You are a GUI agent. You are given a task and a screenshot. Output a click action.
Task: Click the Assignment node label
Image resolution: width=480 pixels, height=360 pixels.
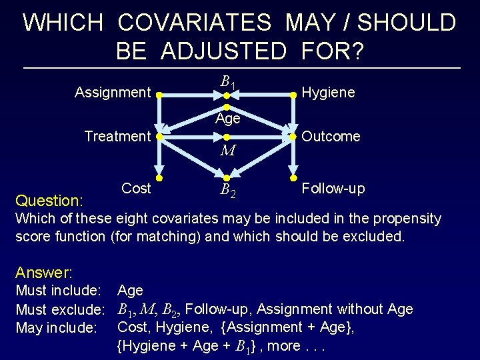113,92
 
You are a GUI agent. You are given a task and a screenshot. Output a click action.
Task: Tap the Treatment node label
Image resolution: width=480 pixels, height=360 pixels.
117,137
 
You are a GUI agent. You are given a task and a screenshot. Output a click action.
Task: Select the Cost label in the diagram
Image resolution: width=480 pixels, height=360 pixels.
136,189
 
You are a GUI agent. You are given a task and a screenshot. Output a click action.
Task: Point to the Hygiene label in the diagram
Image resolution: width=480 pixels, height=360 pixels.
329,93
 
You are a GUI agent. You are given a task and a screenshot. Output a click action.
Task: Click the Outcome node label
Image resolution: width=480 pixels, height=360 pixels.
331,137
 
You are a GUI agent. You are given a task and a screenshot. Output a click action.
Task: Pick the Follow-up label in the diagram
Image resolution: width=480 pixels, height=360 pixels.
333,189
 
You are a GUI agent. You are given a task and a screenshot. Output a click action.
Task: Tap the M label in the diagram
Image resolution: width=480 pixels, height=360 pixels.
227,151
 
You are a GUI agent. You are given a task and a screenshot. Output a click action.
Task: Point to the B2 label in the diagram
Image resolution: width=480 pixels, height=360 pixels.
227,193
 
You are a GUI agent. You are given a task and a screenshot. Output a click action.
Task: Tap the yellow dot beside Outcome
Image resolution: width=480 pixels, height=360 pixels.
293,137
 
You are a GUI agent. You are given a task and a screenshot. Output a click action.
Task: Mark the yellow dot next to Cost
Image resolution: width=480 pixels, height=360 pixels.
159,179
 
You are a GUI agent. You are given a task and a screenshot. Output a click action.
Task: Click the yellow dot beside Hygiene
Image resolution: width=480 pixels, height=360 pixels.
293,96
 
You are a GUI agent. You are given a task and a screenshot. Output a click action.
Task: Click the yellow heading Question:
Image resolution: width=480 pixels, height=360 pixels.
49,201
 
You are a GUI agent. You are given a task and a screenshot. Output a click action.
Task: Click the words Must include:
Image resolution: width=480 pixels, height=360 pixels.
58,291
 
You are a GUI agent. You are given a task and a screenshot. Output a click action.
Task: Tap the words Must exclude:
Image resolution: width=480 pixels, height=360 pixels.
61,309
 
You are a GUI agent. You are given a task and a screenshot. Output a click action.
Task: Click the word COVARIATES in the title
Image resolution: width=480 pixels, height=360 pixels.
195,23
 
